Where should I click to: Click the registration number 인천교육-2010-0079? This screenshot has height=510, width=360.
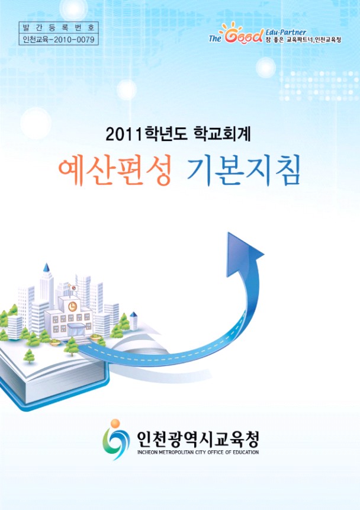point(59,40)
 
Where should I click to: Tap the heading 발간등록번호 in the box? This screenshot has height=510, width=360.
point(59,27)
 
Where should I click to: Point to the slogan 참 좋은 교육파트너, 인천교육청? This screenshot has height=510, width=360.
point(303,40)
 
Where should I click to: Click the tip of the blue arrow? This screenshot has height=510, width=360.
point(229,233)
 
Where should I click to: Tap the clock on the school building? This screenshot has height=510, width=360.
point(72,306)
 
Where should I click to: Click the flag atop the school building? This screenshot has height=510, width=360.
point(73,288)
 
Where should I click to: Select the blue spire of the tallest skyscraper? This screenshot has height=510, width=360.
point(46,268)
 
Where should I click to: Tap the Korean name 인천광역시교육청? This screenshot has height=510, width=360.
point(198,439)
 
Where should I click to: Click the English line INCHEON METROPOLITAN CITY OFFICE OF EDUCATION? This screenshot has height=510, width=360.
point(198,452)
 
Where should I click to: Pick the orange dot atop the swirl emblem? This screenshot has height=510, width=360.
point(115,424)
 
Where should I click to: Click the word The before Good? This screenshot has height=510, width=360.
point(214,39)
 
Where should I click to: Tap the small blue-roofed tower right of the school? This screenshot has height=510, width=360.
point(134,320)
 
